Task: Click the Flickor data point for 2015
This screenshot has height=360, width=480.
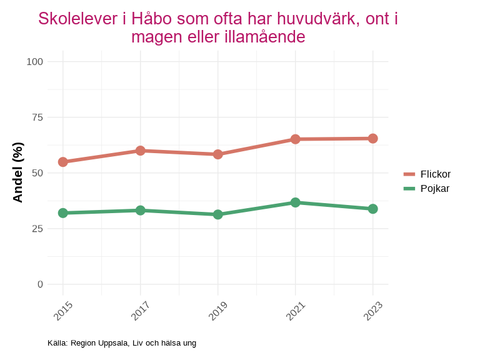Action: [x=63, y=162]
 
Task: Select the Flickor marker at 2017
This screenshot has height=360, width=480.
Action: [x=141, y=151]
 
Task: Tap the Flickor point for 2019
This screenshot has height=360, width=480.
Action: [x=218, y=154]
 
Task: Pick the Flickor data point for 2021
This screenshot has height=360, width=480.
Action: [x=295, y=139]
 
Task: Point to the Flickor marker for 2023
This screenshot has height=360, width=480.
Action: [x=372, y=138]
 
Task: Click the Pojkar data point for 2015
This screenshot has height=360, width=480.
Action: [x=63, y=213]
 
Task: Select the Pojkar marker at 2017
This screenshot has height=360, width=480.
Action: [x=141, y=210]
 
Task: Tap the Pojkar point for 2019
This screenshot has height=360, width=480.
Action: [x=218, y=214]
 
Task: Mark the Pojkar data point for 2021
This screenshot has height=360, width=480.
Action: [x=295, y=202]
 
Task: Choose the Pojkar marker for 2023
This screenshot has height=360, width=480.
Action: [x=372, y=209]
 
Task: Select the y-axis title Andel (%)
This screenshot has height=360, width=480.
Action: [x=18, y=172]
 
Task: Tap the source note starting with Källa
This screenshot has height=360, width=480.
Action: [x=122, y=343]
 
